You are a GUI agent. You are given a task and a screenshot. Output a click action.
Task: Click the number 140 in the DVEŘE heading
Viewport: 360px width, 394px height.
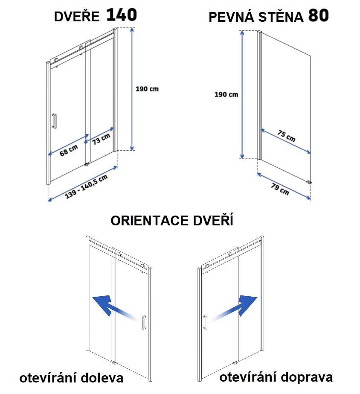122,15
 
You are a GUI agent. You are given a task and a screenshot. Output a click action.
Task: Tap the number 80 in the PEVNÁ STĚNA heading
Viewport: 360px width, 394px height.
318,15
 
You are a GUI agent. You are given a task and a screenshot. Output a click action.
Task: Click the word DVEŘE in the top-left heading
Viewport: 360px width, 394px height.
77,17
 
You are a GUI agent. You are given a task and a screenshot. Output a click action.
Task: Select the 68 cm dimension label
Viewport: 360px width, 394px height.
69,150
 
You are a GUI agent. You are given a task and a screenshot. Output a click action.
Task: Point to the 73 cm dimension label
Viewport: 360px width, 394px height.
101,139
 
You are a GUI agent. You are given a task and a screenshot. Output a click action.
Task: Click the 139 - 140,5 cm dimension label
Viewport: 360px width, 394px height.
86,187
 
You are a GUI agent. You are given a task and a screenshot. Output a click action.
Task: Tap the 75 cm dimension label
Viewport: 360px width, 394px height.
287,136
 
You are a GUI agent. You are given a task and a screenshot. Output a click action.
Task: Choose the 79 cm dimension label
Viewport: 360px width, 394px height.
280,189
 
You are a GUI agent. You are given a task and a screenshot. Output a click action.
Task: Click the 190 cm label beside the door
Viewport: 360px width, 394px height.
147,89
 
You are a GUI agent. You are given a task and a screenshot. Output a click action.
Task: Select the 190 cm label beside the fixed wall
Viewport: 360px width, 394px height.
226,95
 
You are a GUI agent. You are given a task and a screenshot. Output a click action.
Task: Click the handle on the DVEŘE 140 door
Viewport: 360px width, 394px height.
55,121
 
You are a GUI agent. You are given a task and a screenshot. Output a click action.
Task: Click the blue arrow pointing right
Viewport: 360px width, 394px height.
234,308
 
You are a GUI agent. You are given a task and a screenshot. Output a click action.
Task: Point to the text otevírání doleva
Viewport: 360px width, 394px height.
72,378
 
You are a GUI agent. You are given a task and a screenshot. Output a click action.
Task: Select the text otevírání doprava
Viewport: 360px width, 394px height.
276,377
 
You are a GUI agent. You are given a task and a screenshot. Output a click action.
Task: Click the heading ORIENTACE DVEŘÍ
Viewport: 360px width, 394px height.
172,221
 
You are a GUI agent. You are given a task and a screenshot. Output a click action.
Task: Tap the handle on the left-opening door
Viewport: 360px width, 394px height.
144,322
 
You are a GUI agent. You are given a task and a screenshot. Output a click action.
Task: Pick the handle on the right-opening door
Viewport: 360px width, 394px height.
205,322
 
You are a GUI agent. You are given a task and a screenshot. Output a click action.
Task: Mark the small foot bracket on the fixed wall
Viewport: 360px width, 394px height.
309,182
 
